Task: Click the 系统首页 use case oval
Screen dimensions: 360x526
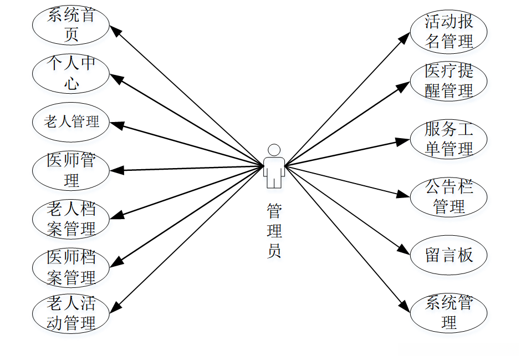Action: pos(71,25)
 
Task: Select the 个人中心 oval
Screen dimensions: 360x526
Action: pos(71,73)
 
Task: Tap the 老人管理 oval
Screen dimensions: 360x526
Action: pos(71,121)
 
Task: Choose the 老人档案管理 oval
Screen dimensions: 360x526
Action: pos(71,219)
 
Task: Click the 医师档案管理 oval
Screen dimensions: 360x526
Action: pos(71,267)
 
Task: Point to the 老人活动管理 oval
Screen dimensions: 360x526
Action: pos(71,313)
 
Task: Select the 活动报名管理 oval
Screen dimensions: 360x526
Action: pos(449,31)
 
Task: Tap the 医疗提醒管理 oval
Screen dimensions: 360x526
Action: pos(449,80)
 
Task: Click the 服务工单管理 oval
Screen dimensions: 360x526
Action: pos(449,139)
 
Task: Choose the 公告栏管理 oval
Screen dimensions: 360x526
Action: pos(449,197)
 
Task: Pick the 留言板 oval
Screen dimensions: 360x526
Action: pos(449,255)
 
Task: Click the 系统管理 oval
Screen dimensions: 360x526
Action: pos(449,312)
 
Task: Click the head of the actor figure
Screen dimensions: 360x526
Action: pos(274,150)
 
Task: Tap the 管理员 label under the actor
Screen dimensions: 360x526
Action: pos(274,230)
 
